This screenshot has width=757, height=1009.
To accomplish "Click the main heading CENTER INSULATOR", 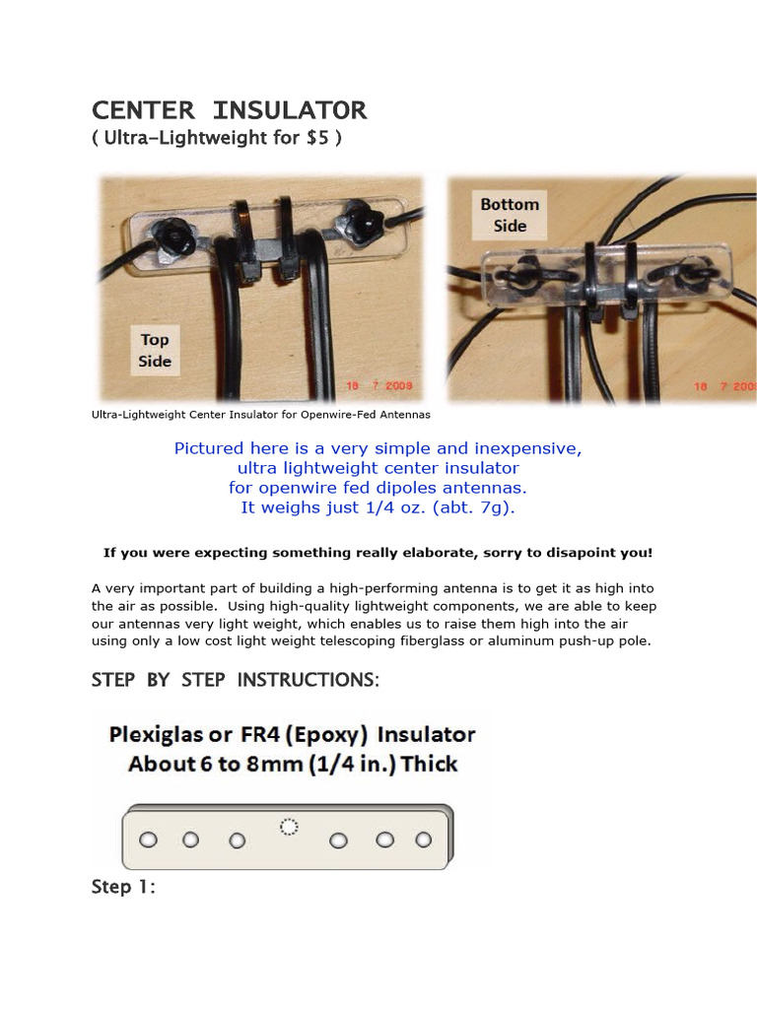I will [x=229, y=109].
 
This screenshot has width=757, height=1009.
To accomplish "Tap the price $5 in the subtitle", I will [x=319, y=138].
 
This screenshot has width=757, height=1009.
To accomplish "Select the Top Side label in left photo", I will [x=155, y=351].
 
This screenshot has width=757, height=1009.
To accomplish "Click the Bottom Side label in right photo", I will [x=510, y=215].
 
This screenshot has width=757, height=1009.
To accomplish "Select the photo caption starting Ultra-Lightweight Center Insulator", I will [x=260, y=415].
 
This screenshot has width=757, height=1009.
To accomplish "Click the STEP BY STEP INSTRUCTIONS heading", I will [x=235, y=680].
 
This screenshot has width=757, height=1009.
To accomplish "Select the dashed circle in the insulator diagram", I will [x=289, y=827].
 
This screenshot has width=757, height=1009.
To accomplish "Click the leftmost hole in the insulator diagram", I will [x=148, y=841].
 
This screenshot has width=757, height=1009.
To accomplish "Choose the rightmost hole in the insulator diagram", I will [x=424, y=840].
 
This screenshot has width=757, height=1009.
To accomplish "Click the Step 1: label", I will [x=123, y=887].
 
